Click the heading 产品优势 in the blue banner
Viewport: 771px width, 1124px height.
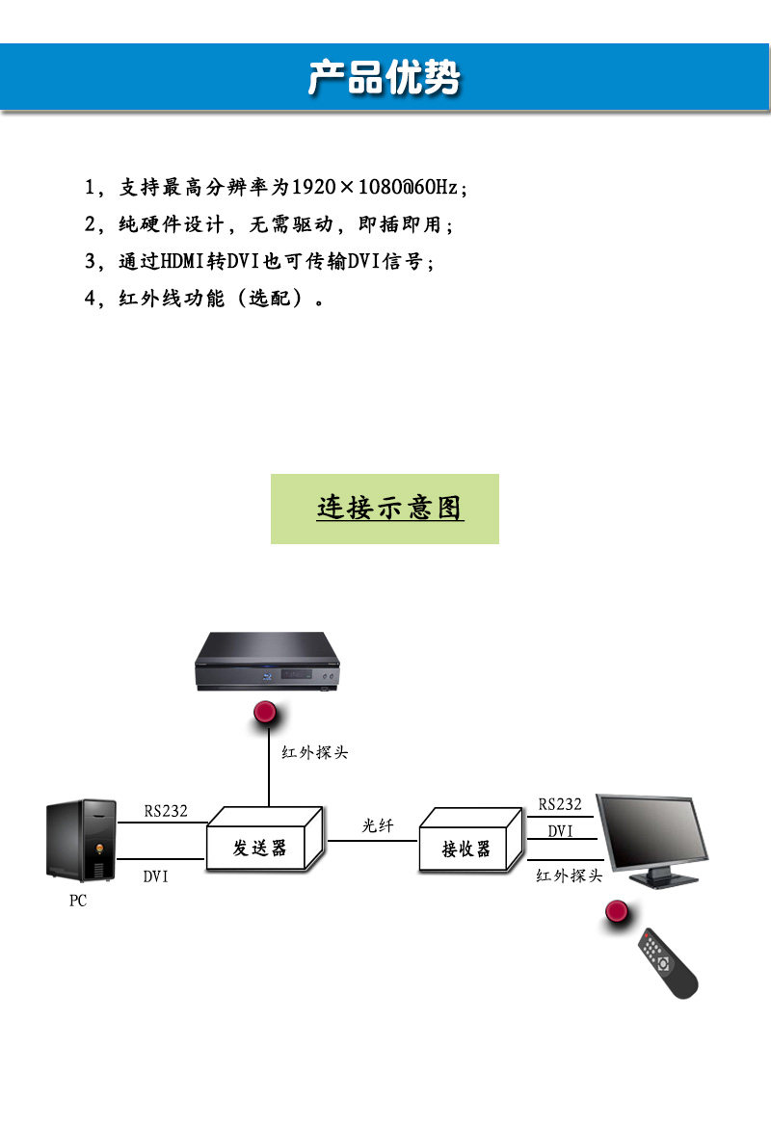click(385, 78)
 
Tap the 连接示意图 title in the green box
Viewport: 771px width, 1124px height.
click(389, 508)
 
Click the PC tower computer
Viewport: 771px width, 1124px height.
click(82, 839)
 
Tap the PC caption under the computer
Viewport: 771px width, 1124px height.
click(78, 902)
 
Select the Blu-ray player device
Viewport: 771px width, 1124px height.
click(268, 662)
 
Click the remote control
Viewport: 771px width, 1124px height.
click(667, 962)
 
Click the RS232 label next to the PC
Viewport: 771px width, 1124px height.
click(166, 811)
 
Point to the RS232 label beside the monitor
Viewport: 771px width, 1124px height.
click(560, 804)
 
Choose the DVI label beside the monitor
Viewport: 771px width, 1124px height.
click(560, 830)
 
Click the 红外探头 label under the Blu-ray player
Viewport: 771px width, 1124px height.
click(314, 752)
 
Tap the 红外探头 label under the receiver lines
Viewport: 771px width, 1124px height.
click(569, 876)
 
